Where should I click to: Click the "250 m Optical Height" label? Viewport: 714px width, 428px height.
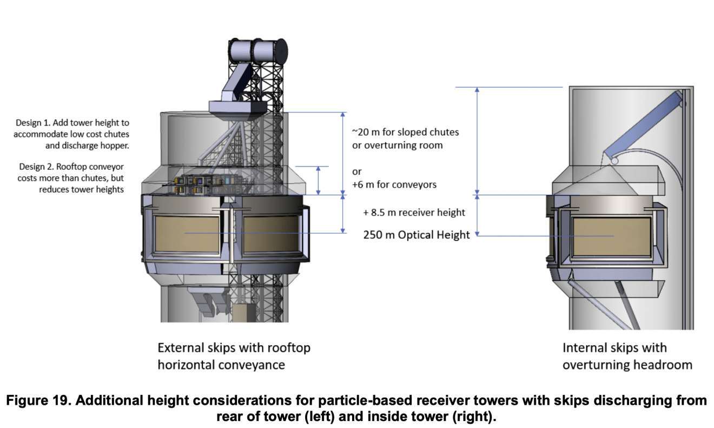coord(417,235)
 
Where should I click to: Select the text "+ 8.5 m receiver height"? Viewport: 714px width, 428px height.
coord(414,212)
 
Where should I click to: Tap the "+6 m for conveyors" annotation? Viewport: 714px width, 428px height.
coord(394,185)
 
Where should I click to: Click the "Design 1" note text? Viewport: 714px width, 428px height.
coord(71,134)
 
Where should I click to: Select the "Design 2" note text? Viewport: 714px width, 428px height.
coord(71,178)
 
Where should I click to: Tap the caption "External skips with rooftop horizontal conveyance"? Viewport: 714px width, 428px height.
coord(234,356)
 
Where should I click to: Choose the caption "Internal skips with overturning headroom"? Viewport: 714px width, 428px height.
coord(627,356)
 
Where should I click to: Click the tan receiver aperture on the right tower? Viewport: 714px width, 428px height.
coord(611,236)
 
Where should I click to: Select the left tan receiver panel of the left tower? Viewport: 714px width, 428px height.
coord(187,233)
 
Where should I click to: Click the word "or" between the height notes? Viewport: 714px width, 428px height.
coord(357,172)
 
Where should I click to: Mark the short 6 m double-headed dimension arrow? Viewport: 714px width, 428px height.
coord(319,180)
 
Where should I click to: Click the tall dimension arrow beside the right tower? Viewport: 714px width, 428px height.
coord(477,141)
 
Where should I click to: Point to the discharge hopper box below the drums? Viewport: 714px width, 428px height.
coord(237,108)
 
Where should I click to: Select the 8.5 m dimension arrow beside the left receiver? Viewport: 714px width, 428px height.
coord(343,214)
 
